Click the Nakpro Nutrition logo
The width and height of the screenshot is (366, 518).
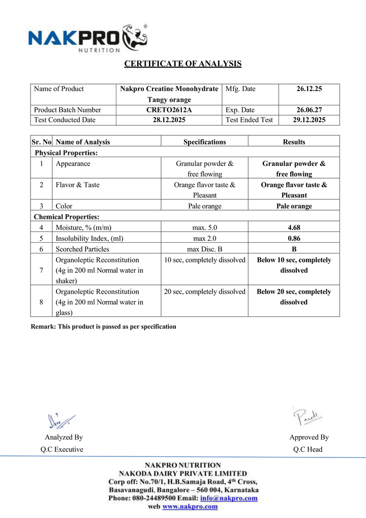click(87, 39)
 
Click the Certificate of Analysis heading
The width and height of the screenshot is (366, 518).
click(183, 64)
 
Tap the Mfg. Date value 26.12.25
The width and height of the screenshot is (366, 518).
click(309, 89)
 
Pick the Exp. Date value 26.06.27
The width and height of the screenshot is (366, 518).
click(309, 110)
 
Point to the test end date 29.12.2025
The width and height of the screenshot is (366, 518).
click(309, 120)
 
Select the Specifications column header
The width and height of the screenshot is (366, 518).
click(204, 142)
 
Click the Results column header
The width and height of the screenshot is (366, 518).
click(294, 142)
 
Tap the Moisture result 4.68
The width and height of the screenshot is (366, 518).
click(294, 227)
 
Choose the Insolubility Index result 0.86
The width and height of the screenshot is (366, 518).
click(294, 238)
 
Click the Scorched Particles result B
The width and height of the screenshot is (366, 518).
click(294, 249)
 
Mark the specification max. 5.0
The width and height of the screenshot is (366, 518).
click(204, 227)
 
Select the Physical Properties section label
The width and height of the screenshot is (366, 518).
click(66, 153)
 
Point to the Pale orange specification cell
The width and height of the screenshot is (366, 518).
click(204, 206)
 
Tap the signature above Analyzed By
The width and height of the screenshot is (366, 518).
click(60, 420)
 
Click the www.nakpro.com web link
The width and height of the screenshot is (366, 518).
click(190, 507)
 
